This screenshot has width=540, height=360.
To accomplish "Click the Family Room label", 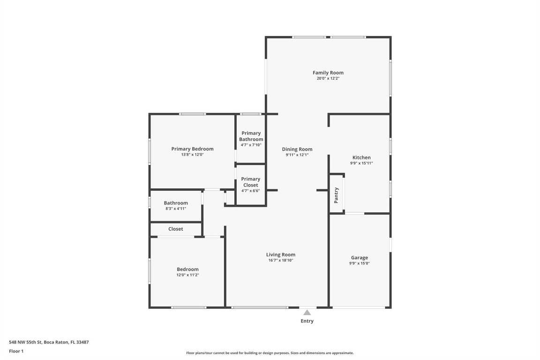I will click(328, 73).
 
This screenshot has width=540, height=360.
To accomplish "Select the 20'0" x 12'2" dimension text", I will click(328, 79).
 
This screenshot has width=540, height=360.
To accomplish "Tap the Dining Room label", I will click(297, 149).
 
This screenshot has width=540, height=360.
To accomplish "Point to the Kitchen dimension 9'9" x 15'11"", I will click(361, 164).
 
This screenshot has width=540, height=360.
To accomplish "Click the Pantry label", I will click(336, 195).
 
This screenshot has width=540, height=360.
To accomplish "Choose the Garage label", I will click(360, 257).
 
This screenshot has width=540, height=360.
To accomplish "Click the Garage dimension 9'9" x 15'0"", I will click(360, 263).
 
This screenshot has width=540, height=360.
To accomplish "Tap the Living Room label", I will click(281, 255).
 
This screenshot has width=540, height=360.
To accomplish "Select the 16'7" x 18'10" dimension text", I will click(281, 261).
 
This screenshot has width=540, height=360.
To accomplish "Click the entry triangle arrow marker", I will click(307, 312).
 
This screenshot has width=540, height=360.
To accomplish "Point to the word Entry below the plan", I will click(307, 321).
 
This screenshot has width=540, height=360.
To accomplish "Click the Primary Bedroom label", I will click(192, 149).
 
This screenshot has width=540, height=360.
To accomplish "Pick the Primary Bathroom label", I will click(251, 136).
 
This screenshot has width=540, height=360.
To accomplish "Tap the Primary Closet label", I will click(251, 182).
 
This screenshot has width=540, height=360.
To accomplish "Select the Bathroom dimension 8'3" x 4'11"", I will click(176, 209).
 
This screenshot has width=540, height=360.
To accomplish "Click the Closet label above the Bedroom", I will click(176, 229).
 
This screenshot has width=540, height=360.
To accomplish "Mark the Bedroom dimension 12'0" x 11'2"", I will click(187, 275).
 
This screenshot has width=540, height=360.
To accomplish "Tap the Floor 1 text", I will click(16, 351).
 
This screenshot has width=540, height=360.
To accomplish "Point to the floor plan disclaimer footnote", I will click(270, 353).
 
